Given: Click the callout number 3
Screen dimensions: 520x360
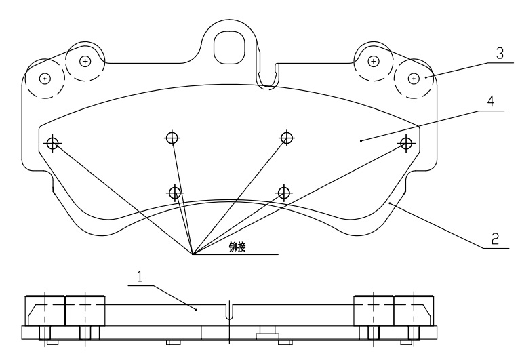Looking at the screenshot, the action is pos(500,54).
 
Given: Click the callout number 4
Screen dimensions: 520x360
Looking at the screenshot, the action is pos(490,101).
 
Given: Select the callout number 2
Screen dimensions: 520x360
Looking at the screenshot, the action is pos(495,239).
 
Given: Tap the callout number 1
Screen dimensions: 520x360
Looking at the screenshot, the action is pos(140,276).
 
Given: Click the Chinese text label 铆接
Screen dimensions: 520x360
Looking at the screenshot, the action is pos(237,247).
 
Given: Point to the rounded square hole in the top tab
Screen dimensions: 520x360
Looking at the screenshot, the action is pos(230,47).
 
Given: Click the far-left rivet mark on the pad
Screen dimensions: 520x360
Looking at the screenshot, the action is pos(52,144).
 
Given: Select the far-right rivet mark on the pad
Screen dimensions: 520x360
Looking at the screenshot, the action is pos(406,144).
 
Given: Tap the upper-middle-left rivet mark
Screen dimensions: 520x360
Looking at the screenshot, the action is pos(172,137).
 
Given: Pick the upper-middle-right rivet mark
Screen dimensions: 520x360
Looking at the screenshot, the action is pos(287,137).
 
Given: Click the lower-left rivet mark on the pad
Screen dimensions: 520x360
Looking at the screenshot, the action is pos(175,193).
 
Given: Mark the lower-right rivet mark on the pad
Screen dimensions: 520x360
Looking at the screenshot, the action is pos(284,193).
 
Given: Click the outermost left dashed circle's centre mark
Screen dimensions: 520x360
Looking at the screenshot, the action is pos(45,79).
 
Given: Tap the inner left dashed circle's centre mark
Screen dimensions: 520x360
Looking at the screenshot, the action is pos(85,61).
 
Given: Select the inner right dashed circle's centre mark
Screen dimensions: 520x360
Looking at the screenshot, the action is pos(374,61).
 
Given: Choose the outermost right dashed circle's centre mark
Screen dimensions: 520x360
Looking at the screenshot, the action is pos(413,79).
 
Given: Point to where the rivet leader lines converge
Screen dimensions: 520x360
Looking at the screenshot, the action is pos(193,254).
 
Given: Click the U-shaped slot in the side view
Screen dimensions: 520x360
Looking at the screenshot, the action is pos(229,311).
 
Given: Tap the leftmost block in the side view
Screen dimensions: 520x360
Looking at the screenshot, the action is pos(45,311).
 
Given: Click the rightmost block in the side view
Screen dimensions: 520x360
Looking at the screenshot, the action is pos(414,311).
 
